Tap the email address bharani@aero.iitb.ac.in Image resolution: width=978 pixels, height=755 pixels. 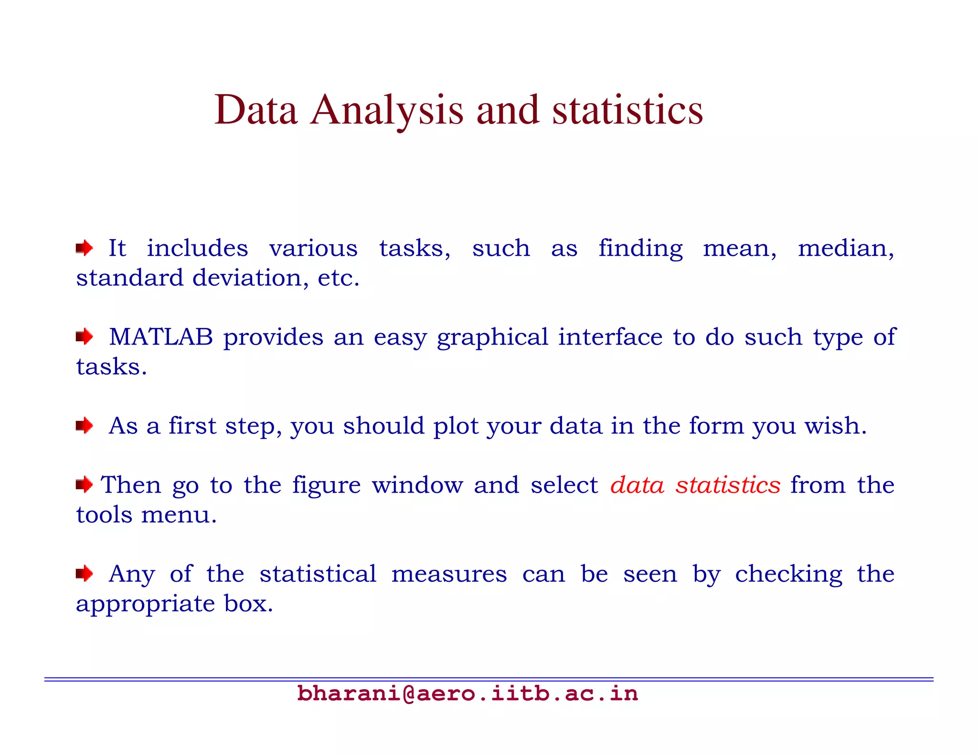(467, 693)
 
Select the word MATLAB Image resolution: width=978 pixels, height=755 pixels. (161, 337)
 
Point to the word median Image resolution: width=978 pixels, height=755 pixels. (846, 249)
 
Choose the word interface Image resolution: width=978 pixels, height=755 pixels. (610, 337)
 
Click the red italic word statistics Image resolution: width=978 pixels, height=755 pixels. (728, 485)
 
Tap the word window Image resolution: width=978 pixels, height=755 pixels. (417, 485)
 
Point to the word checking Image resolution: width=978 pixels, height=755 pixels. (788, 574)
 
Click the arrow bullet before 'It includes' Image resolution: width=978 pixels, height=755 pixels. (85, 248)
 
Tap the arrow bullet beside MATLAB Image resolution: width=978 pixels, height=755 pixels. (85, 337)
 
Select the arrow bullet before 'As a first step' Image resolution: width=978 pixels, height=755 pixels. (85, 425)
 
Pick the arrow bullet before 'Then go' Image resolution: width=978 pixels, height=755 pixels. (85, 485)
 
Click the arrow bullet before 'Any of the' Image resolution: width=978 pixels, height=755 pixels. (85, 573)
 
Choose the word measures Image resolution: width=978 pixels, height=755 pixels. (449, 574)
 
